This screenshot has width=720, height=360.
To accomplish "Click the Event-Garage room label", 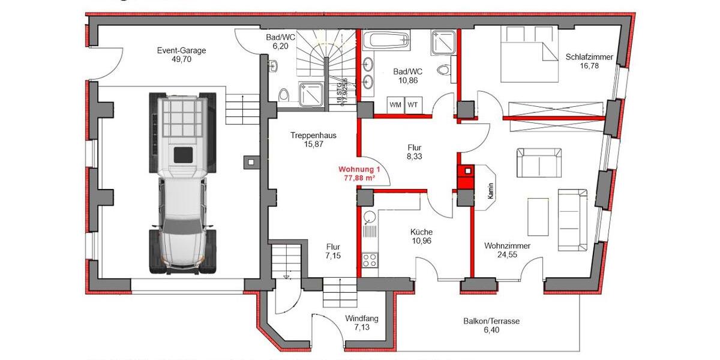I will pyautogui.click(x=181, y=50).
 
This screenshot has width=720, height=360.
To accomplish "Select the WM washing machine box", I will pyautogui.click(x=396, y=104).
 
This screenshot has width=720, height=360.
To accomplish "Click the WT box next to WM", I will pyautogui.click(x=413, y=104).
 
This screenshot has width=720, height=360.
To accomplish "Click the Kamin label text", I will pyautogui.click(x=490, y=191).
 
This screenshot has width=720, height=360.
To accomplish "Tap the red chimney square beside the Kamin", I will pyautogui.click(x=466, y=172).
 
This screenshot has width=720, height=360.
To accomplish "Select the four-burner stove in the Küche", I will pyautogui.click(x=370, y=260).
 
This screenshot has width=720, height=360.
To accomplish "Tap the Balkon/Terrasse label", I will pyautogui.click(x=491, y=321).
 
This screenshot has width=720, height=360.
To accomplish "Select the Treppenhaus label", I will pyautogui.click(x=313, y=136).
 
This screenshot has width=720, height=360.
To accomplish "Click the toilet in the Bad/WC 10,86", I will pyautogui.click(x=445, y=70).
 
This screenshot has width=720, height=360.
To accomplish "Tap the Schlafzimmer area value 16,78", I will pyautogui.click(x=589, y=67).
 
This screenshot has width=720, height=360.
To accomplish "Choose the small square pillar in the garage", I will pyautogui.click(x=250, y=161).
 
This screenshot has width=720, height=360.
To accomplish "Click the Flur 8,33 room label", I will pyautogui.click(x=415, y=148).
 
